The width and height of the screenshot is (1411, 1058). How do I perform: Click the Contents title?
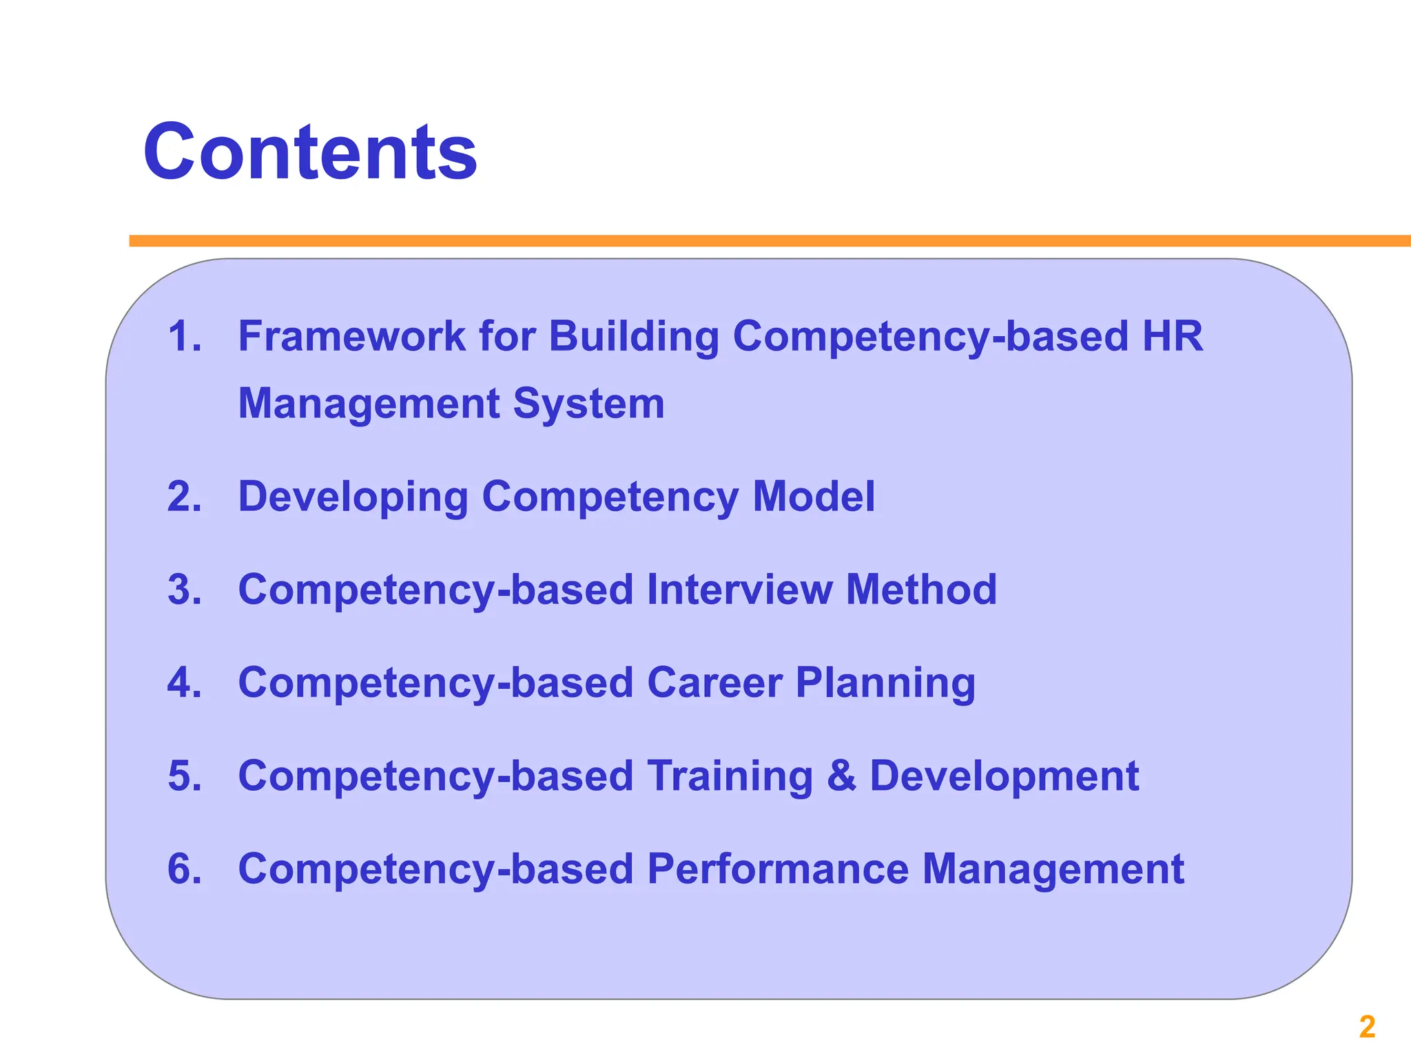point(310,152)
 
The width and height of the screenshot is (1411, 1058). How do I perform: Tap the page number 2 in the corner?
point(1367,1027)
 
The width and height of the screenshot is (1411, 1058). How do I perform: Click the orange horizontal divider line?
point(758,241)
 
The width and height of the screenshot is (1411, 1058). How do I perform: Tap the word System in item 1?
point(589,404)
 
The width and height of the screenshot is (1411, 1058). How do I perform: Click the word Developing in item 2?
point(353,497)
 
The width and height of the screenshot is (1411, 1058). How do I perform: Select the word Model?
point(813,496)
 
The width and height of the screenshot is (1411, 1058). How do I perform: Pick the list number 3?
point(184,590)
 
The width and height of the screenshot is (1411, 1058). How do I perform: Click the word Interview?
point(739,590)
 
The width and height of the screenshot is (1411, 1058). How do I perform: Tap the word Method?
point(921,590)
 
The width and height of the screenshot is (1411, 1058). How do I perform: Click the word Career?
point(714,683)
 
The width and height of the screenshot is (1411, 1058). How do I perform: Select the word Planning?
point(885,684)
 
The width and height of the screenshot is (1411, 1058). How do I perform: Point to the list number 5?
point(184,776)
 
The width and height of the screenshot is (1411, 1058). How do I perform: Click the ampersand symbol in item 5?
point(841,776)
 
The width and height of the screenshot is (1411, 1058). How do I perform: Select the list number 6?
point(184,869)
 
